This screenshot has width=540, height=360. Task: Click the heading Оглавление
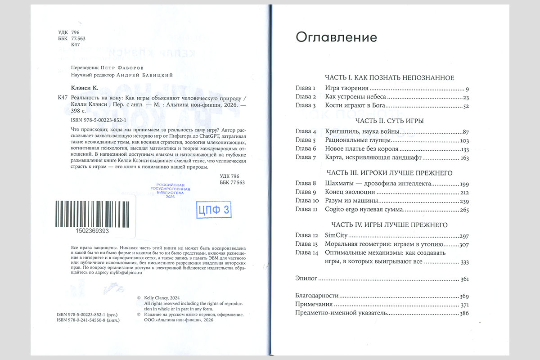pos(336,37)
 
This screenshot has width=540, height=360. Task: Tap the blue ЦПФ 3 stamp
pos(214,209)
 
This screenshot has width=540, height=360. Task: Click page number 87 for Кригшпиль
pos(465,132)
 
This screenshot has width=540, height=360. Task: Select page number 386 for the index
pos(463,313)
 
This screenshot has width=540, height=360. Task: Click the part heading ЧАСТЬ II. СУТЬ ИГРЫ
pos(390,121)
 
